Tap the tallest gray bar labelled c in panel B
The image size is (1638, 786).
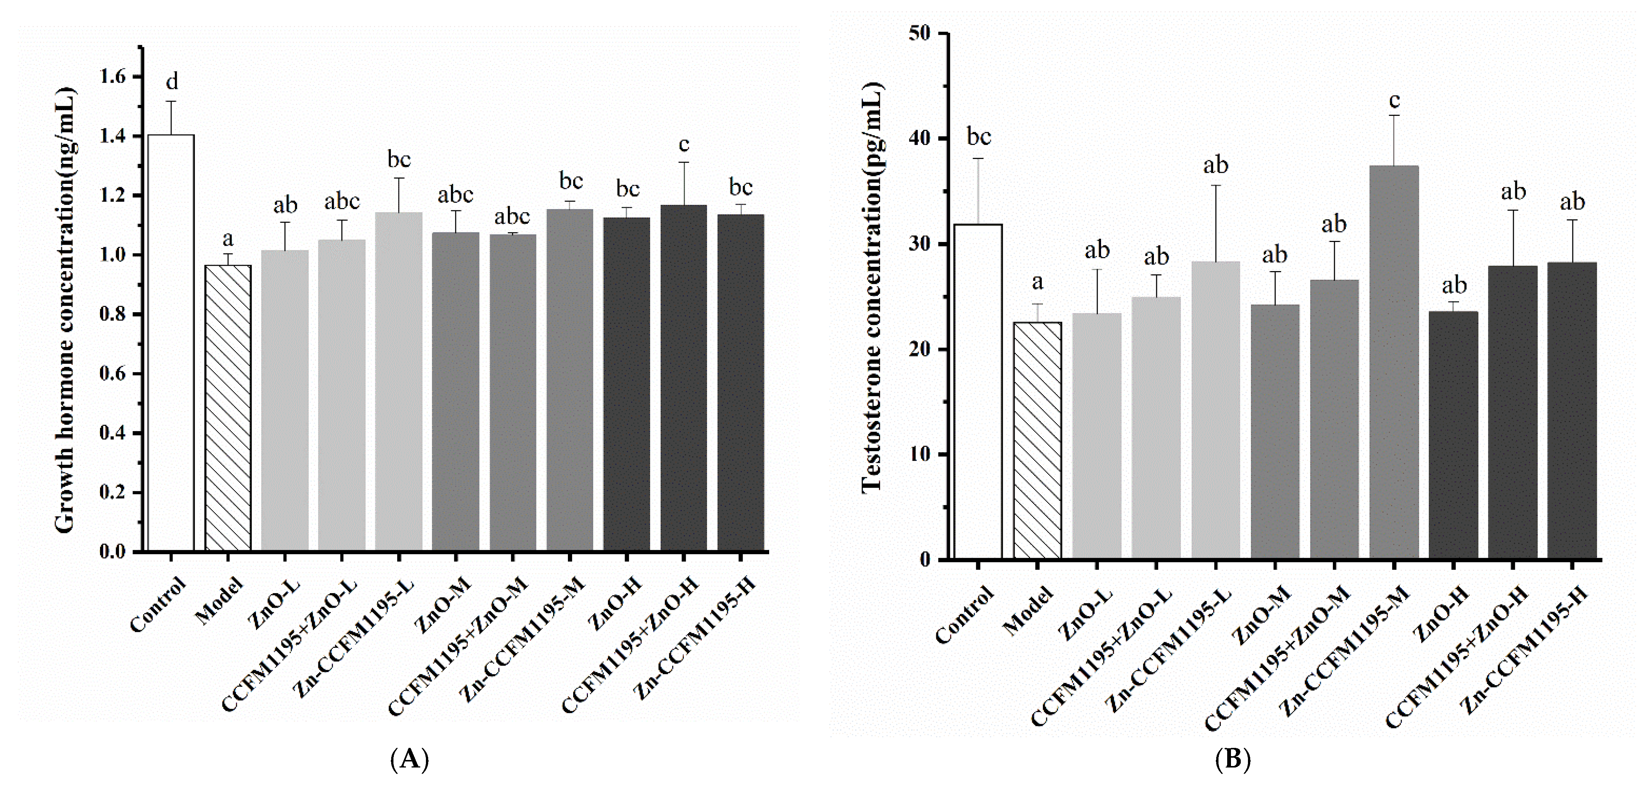(1394, 362)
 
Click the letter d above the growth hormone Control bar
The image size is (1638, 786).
(172, 82)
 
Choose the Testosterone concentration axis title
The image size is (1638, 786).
(872, 287)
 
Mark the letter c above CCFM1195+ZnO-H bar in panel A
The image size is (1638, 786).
(683, 145)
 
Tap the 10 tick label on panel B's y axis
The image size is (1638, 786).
(922, 454)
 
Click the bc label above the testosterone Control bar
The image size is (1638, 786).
(979, 137)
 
